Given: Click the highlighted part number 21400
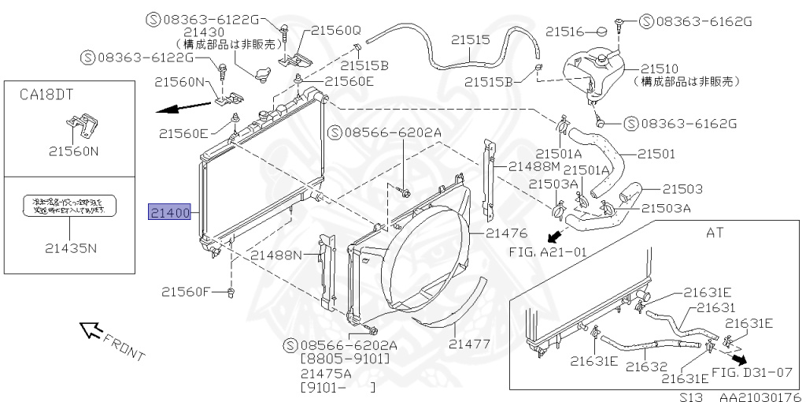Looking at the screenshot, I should (x=170, y=213).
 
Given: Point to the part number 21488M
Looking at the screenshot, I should (x=534, y=166).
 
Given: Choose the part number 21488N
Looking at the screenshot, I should (x=276, y=255).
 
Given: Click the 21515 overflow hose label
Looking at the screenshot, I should (x=471, y=39).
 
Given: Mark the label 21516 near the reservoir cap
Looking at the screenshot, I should (x=564, y=32).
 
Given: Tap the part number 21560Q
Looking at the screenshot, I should (x=335, y=31).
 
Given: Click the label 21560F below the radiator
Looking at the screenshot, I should (x=187, y=292).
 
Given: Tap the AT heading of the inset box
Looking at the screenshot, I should (x=715, y=233).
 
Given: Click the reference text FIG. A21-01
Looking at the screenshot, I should (x=542, y=252).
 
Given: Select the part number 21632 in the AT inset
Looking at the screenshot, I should (x=647, y=367).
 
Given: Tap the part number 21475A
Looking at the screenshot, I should (x=327, y=373).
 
